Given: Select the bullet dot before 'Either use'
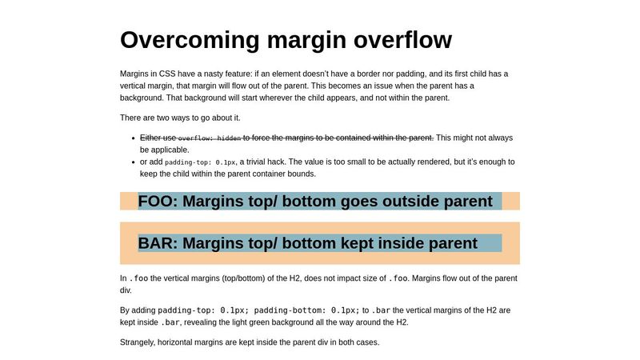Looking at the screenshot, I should [132, 138].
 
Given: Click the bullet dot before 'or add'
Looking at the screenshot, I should [132, 162].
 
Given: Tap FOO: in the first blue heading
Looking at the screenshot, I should [158, 201].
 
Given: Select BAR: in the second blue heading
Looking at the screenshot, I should [157, 243].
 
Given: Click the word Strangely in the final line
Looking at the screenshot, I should [139, 342].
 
